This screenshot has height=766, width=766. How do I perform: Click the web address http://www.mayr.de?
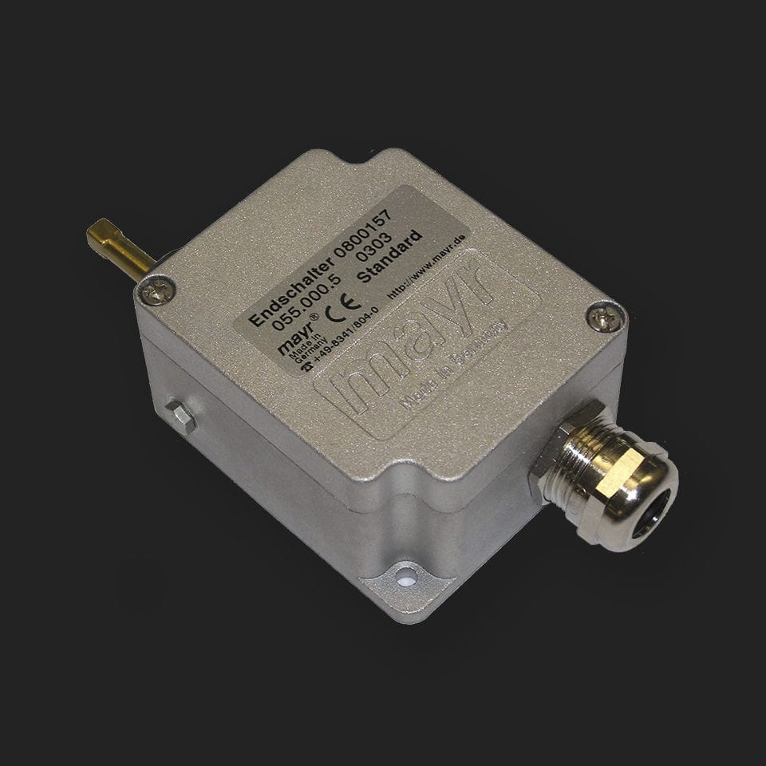[427, 267]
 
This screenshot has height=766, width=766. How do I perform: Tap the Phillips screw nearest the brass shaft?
[158, 290]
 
